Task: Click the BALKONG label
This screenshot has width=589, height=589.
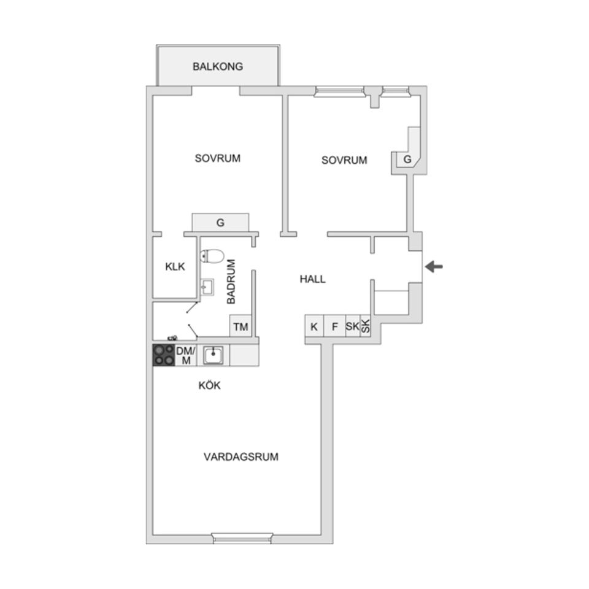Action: tap(218, 66)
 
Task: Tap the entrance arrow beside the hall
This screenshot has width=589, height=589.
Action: tap(434, 266)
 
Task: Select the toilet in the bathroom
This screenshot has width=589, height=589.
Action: tap(212, 255)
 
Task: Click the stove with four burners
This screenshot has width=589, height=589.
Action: tap(163, 355)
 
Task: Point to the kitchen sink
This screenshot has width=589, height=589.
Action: tap(213, 355)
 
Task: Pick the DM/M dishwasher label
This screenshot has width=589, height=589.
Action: tap(185, 355)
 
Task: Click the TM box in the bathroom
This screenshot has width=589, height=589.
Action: tap(241, 326)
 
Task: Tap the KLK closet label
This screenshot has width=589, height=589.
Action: tap(175, 267)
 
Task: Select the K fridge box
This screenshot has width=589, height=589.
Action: tap(314, 326)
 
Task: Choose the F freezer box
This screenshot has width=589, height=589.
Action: tap(334, 326)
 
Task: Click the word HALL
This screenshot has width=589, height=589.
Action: tap(312, 279)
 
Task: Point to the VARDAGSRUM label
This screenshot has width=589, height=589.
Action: tap(241, 456)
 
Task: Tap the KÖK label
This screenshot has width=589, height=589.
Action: tap(209, 386)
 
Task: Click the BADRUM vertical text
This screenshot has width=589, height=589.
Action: tap(231, 282)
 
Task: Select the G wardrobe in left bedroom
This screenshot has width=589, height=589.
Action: tap(220, 223)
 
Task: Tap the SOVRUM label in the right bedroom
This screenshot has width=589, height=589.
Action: tap(344, 160)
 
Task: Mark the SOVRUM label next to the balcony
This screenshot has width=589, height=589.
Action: tap(218, 158)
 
